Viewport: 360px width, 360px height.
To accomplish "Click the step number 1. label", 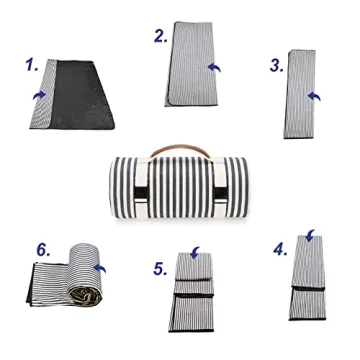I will click(30, 67).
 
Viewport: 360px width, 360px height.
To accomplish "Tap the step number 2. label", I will click(160, 37).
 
